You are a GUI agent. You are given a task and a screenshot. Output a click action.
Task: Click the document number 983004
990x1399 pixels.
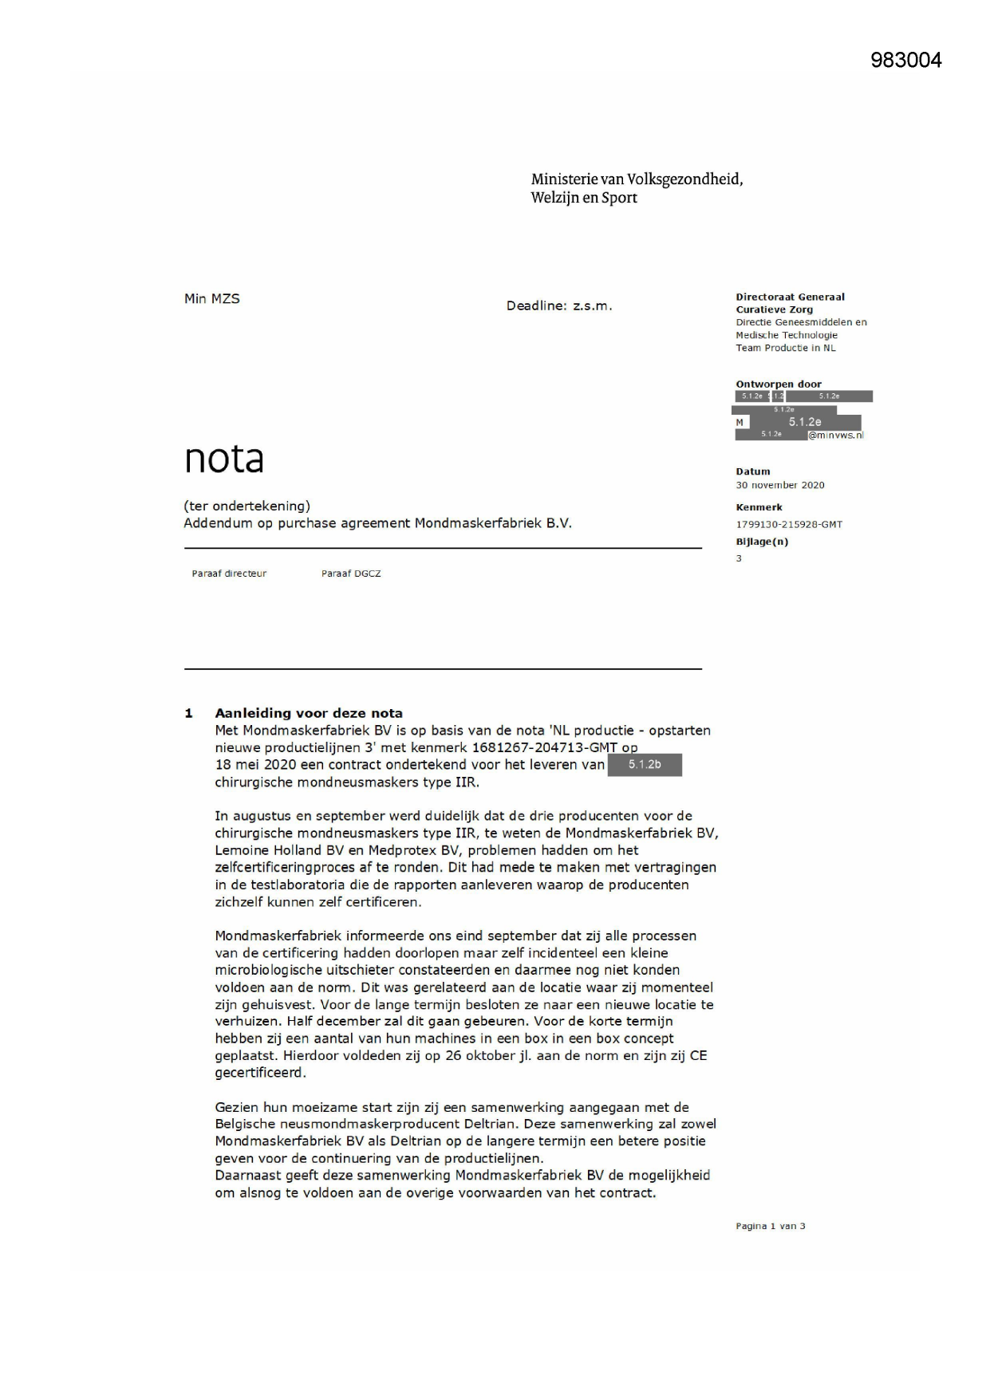click(x=905, y=61)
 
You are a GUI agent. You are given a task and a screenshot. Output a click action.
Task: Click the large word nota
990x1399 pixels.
click(x=224, y=458)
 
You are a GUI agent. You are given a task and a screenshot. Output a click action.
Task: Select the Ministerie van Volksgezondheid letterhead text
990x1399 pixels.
click(x=637, y=188)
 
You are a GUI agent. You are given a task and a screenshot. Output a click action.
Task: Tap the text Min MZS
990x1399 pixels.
click(x=211, y=299)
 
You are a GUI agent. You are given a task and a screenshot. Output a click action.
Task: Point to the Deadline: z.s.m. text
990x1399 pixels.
click(x=558, y=306)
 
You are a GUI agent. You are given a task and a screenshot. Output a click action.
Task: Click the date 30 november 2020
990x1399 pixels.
click(x=779, y=485)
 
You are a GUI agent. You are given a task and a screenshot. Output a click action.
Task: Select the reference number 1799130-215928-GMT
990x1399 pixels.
click(x=788, y=525)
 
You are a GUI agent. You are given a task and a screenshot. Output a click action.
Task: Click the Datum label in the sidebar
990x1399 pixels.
click(x=752, y=471)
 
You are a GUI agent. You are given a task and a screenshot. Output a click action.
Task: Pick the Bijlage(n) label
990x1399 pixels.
click(x=761, y=542)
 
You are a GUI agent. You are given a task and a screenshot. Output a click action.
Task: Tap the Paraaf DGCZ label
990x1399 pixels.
click(x=351, y=573)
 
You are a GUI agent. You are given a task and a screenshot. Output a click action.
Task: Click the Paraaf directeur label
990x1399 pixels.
click(x=229, y=573)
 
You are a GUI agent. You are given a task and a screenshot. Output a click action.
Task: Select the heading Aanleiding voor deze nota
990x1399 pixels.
click(x=308, y=713)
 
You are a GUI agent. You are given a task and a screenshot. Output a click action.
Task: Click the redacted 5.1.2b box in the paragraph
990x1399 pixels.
click(x=644, y=765)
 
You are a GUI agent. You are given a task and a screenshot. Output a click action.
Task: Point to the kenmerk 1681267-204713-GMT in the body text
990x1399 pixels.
click(x=545, y=747)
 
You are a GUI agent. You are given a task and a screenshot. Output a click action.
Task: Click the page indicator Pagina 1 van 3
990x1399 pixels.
click(x=770, y=1226)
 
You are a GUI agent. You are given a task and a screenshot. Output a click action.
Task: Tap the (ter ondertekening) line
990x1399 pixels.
click(x=247, y=506)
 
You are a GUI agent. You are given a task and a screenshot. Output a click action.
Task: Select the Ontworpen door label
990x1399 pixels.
click(x=778, y=384)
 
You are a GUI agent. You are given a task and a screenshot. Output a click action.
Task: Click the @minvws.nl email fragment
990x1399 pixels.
click(x=835, y=435)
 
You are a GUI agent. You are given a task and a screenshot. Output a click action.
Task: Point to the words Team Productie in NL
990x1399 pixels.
click(x=785, y=348)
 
